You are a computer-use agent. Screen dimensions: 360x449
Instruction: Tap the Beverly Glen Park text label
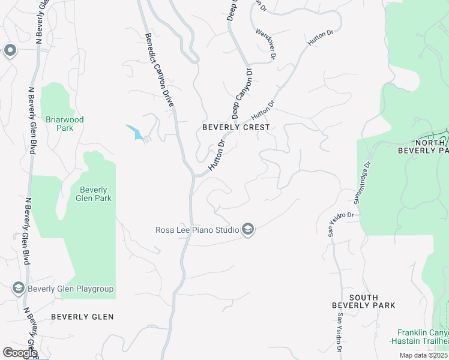pyautogui.click(x=94, y=194)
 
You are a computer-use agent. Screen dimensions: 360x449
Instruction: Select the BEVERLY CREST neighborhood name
pyautogui.click(x=236, y=127)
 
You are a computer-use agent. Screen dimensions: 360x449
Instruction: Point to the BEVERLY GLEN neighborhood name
pyautogui.click(x=82, y=316)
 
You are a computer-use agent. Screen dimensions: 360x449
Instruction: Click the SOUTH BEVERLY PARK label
pyautogui.click(x=364, y=301)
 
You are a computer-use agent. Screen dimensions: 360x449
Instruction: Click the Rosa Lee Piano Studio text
pyautogui.click(x=197, y=229)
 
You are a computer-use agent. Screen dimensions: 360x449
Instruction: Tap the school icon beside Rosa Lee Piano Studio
pyautogui.click(x=248, y=229)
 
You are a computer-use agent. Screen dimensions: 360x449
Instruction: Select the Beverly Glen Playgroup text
pyautogui.click(x=70, y=289)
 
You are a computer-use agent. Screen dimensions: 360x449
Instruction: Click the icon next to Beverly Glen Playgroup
pyautogui.click(x=18, y=289)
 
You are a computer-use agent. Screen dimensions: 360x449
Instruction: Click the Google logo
pyautogui.click(x=19, y=352)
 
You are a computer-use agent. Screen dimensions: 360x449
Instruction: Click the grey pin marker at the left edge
pyautogui.click(x=10, y=51)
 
